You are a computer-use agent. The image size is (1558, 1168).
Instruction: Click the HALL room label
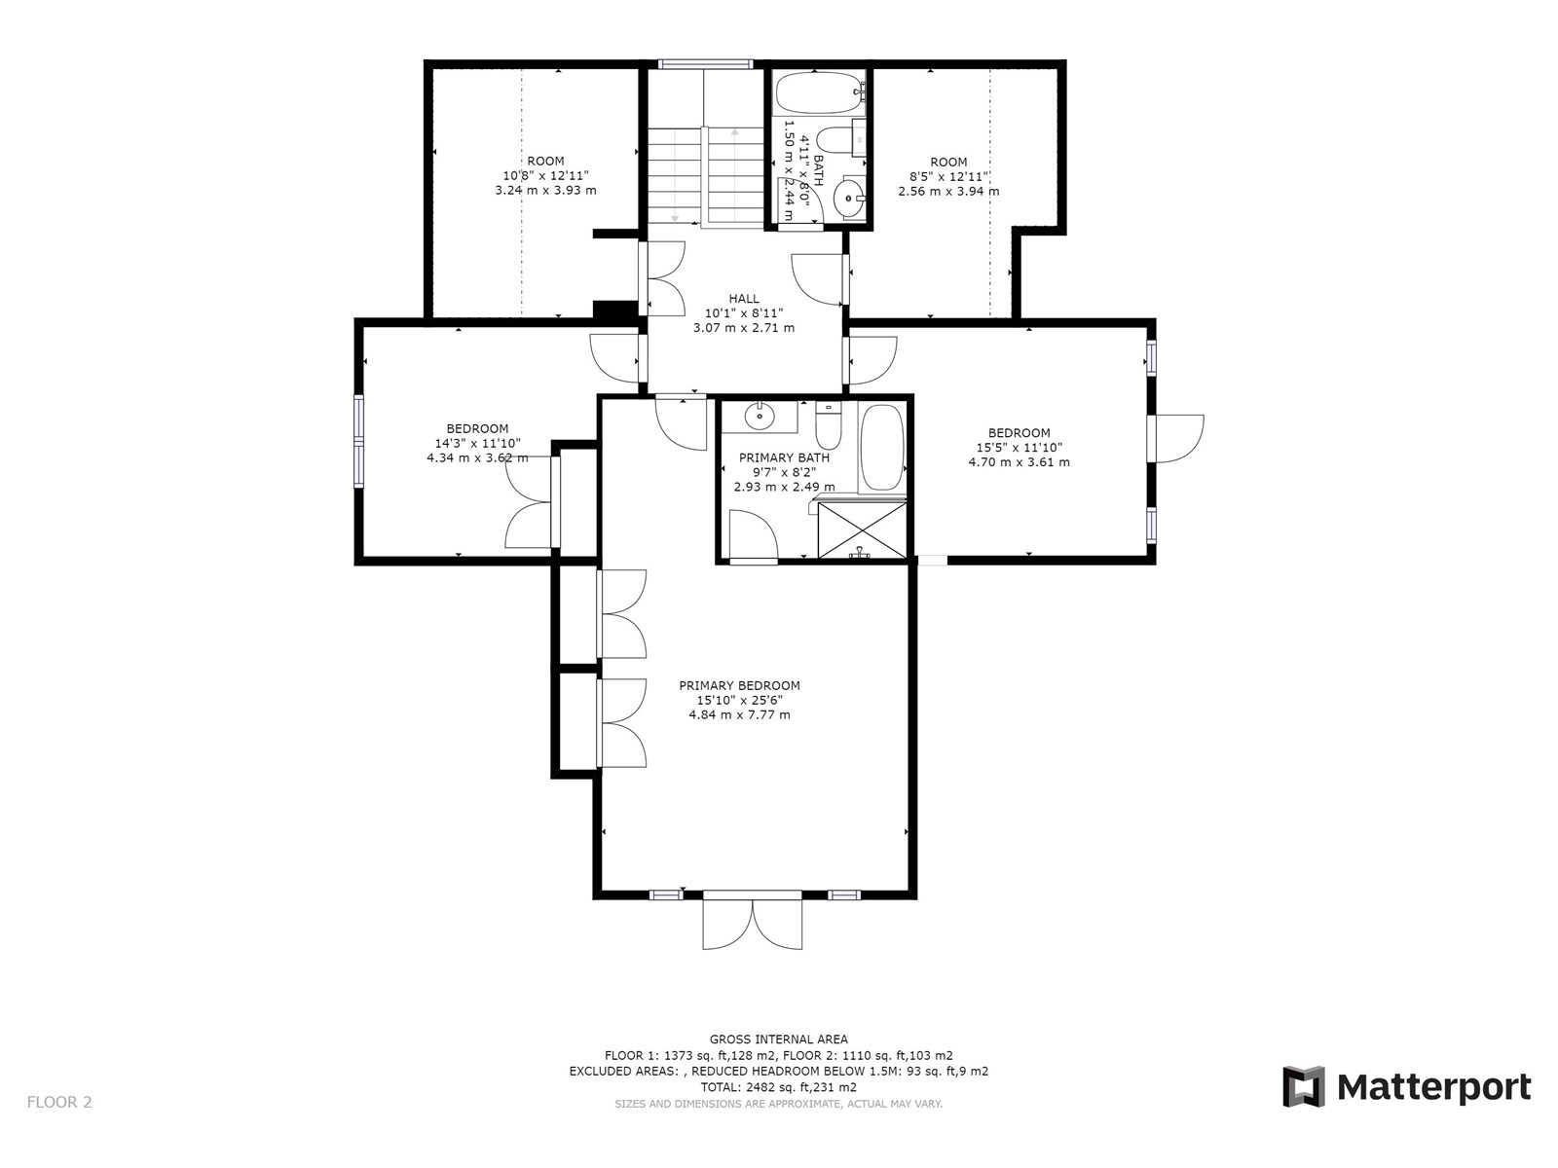click(x=743, y=299)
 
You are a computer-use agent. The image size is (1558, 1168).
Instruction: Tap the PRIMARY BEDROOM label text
click(x=739, y=686)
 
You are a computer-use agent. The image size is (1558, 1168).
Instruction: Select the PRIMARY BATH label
click(x=784, y=458)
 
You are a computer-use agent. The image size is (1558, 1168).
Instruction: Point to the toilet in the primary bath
click(x=828, y=424)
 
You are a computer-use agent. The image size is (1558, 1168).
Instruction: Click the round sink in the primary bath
click(x=760, y=416)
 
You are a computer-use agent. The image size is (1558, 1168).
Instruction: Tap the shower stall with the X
click(x=862, y=529)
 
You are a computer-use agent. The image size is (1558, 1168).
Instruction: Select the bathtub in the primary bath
click(x=881, y=448)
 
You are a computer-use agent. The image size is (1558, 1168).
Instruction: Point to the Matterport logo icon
click(x=1303, y=1085)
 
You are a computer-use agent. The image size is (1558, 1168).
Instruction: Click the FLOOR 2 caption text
click(x=59, y=1102)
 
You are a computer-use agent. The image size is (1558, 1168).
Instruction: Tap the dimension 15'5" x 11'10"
click(x=1019, y=448)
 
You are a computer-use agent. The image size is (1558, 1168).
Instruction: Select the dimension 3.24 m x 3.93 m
click(x=545, y=190)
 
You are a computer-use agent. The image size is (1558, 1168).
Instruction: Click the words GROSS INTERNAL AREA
click(x=779, y=1040)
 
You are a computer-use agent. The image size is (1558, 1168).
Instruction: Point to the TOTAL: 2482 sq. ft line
click(x=779, y=1087)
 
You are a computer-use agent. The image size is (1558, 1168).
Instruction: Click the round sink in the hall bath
click(x=849, y=198)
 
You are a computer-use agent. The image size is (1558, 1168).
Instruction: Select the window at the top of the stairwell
click(x=705, y=64)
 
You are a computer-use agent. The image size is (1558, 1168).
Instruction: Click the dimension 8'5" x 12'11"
click(x=949, y=176)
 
